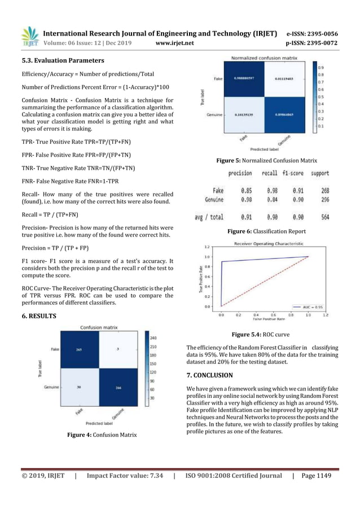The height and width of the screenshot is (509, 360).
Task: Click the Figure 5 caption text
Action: [267, 161]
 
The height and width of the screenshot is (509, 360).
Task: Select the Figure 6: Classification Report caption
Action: [267, 231]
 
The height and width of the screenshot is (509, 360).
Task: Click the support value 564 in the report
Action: [323, 217]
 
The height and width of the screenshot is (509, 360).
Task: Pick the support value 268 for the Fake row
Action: [323, 191]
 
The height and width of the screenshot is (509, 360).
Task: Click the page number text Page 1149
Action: [317, 476]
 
